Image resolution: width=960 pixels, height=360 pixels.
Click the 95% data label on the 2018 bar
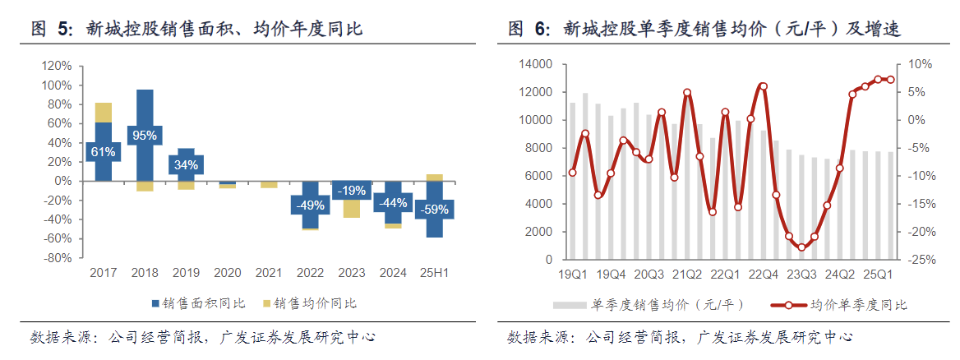[145, 136]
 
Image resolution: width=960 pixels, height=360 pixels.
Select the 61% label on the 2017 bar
[104, 151]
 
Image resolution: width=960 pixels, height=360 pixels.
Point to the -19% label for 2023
[351, 190]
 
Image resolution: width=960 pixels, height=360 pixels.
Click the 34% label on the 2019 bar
[186, 164]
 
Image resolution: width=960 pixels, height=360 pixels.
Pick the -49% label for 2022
[310, 205]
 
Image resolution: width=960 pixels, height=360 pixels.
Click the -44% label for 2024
[393, 203]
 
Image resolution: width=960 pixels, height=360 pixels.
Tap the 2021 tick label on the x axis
[269, 273]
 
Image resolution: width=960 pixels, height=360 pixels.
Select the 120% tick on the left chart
[56, 66]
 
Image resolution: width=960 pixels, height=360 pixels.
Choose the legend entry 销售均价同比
[314, 303]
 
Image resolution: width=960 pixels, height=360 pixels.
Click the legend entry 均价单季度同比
[859, 305]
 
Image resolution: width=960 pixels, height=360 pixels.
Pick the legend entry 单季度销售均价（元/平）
[667, 305]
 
